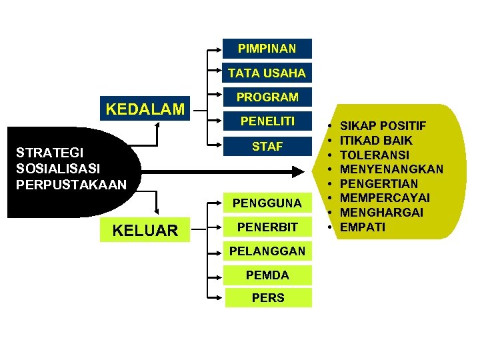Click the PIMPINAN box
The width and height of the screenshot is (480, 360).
pos(267,49)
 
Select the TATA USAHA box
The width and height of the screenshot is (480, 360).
pos(267,73)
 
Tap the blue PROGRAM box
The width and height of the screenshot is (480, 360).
pos(267,97)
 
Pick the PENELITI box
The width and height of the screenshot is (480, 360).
pos(267,122)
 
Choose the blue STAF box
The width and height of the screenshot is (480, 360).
pos(267,147)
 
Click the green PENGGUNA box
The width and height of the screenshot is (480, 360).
pos(267,203)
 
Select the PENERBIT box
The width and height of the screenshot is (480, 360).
pos(267,227)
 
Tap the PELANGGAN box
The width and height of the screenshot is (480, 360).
pos(267,251)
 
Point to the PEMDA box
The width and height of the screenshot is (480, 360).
pos(267,275)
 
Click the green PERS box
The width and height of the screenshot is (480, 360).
pos(267,298)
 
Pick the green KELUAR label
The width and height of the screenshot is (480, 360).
pos(145,231)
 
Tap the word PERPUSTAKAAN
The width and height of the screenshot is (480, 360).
pos(71,184)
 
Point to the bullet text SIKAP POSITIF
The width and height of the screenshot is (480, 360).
pos(383,126)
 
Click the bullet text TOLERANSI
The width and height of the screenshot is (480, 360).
pos(376,155)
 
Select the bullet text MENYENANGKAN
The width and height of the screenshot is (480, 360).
pos(391,169)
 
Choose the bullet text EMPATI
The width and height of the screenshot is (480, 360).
pos(362,227)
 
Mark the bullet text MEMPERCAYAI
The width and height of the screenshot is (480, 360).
pos(385,198)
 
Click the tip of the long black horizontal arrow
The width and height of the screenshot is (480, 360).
pos(301,172)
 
